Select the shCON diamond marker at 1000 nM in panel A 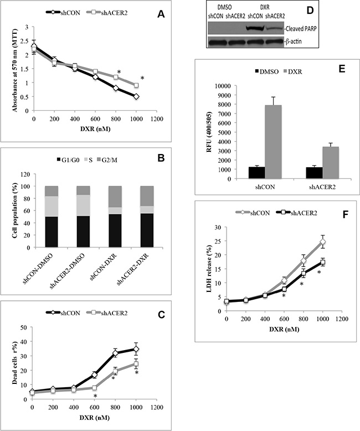(x=136, y=96)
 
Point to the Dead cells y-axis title (x=8, y=351)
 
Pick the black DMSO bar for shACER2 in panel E (x=299, y=173)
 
